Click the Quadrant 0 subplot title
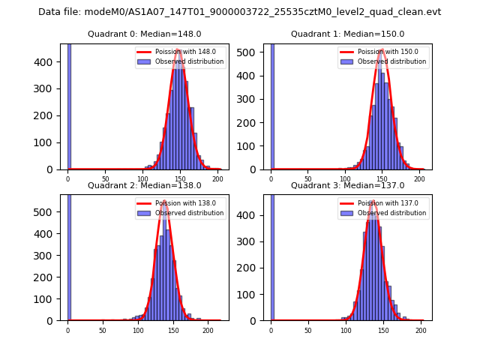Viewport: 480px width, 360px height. click(145, 34)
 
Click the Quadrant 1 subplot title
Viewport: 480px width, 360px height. click(347, 34)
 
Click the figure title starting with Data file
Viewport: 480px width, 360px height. click(240, 12)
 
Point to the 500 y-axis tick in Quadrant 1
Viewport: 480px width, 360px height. click(253, 54)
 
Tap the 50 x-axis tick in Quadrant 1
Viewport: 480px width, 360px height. click(308, 178)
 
